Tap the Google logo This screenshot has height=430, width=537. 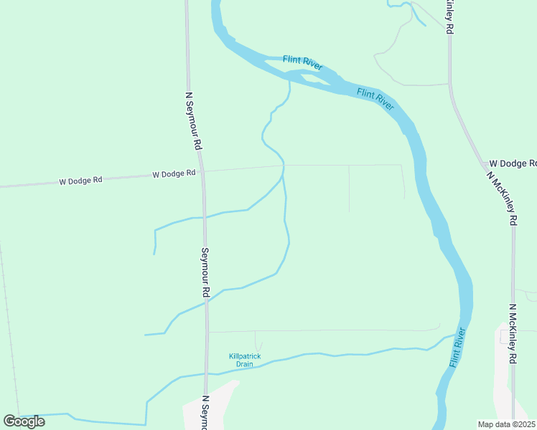pos(24,421)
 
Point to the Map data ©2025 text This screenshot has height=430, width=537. pos(505,424)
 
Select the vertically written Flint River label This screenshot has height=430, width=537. pos(458,348)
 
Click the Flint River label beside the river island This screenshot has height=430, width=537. pos(302,63)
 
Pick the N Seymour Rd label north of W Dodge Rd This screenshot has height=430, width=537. pos(193,120)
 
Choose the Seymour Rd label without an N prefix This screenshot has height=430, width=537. pos(205,272)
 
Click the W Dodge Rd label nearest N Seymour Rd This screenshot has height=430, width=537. pos(174,174)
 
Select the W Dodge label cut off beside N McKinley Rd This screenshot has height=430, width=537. pos(513,163)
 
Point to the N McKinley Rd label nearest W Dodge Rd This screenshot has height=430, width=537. pos(502,198)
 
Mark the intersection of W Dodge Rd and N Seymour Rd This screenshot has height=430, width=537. pos(202,171)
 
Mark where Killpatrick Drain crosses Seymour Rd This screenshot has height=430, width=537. pos(207,373)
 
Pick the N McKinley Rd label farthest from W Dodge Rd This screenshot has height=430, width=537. pos(513,334)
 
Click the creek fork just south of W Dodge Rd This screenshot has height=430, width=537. pos(283,175)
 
